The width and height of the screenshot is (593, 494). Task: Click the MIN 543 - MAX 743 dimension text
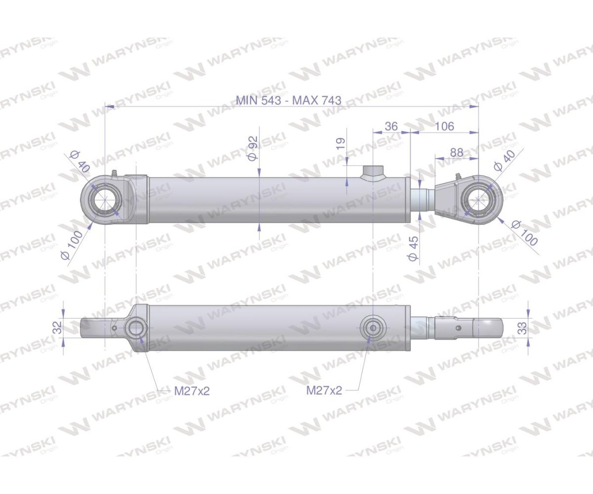coord(289,100)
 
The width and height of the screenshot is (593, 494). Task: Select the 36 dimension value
coord(391,126)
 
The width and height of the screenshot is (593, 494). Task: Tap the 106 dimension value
coord(444,126)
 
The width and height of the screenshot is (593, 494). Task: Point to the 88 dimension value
coord(457,153)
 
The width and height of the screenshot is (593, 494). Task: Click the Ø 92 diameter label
coord(253,148)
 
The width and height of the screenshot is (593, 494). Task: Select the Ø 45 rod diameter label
coord(413,248)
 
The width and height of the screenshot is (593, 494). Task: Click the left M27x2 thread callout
coord(192,391)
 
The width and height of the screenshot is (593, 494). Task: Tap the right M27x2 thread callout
coord(324,390)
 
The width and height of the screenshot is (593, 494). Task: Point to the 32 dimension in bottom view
coord(57,327)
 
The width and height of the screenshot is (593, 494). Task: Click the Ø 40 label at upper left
coord(80,161)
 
